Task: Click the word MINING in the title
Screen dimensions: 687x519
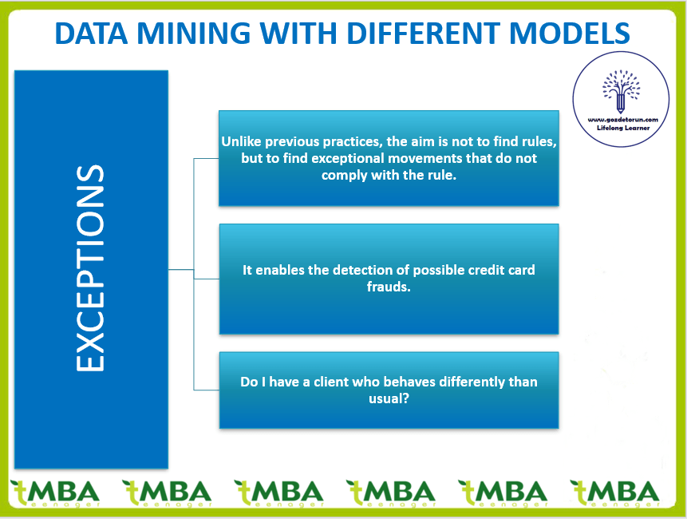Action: pyautogui.click(x=194, y=33)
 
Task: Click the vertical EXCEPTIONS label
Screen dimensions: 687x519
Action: pyautogui.click(x=90, y=268)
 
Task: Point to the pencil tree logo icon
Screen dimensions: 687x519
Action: pyautogui.click(x=621, y=91)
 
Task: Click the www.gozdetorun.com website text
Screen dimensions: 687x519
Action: pyautogui.click(x=622, y=120)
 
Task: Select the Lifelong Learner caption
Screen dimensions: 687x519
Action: pyautogui.click(x=623, y=128)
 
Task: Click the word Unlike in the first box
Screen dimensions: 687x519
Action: pyautogui.click(x=241, y=141)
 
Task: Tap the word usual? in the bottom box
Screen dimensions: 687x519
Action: pyautogui.click(x=389, y=398)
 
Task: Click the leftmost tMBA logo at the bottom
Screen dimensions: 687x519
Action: pyautogui.click(x=56, y=493)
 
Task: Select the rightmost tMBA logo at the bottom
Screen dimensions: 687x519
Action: pyautogui.click(x=614, y=493)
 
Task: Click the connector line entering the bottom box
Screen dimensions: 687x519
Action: pyautogui.click(x=207, y=390)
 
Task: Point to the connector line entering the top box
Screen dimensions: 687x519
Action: pyautogui.click(x=207, y=159)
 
